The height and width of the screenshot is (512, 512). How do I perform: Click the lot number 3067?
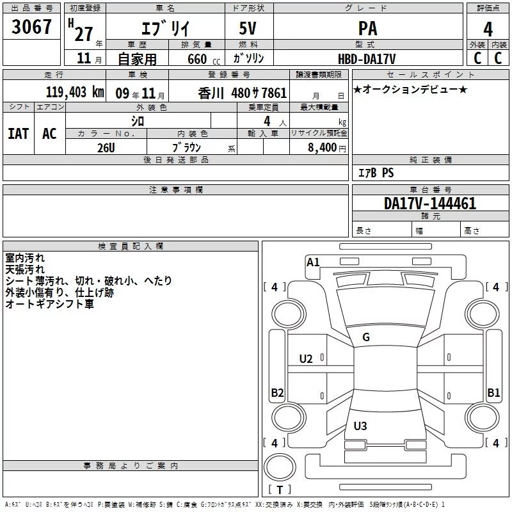pos(32,28)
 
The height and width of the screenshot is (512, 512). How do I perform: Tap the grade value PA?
pos(367,29)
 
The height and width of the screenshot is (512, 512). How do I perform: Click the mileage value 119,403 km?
pos(74,92)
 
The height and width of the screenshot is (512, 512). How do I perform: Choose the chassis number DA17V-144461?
pos(430,204)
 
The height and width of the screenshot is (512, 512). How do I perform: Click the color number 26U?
pos(106,148)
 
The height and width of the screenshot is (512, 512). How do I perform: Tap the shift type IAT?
pos(18,133)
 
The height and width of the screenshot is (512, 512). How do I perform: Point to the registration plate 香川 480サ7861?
pos(243,92)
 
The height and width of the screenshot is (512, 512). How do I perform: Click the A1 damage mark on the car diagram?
pos(313,262)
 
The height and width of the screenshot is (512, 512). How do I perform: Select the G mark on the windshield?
pos(366,337)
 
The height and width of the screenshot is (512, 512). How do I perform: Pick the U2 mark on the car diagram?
pos(307,358)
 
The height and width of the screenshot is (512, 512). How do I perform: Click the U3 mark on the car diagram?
pos(360,426)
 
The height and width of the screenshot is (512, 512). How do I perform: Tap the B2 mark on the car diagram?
pos(277,393)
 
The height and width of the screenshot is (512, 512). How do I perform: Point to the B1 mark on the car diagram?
pos(493,393)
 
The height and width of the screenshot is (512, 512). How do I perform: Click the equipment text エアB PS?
pos(376,173)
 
